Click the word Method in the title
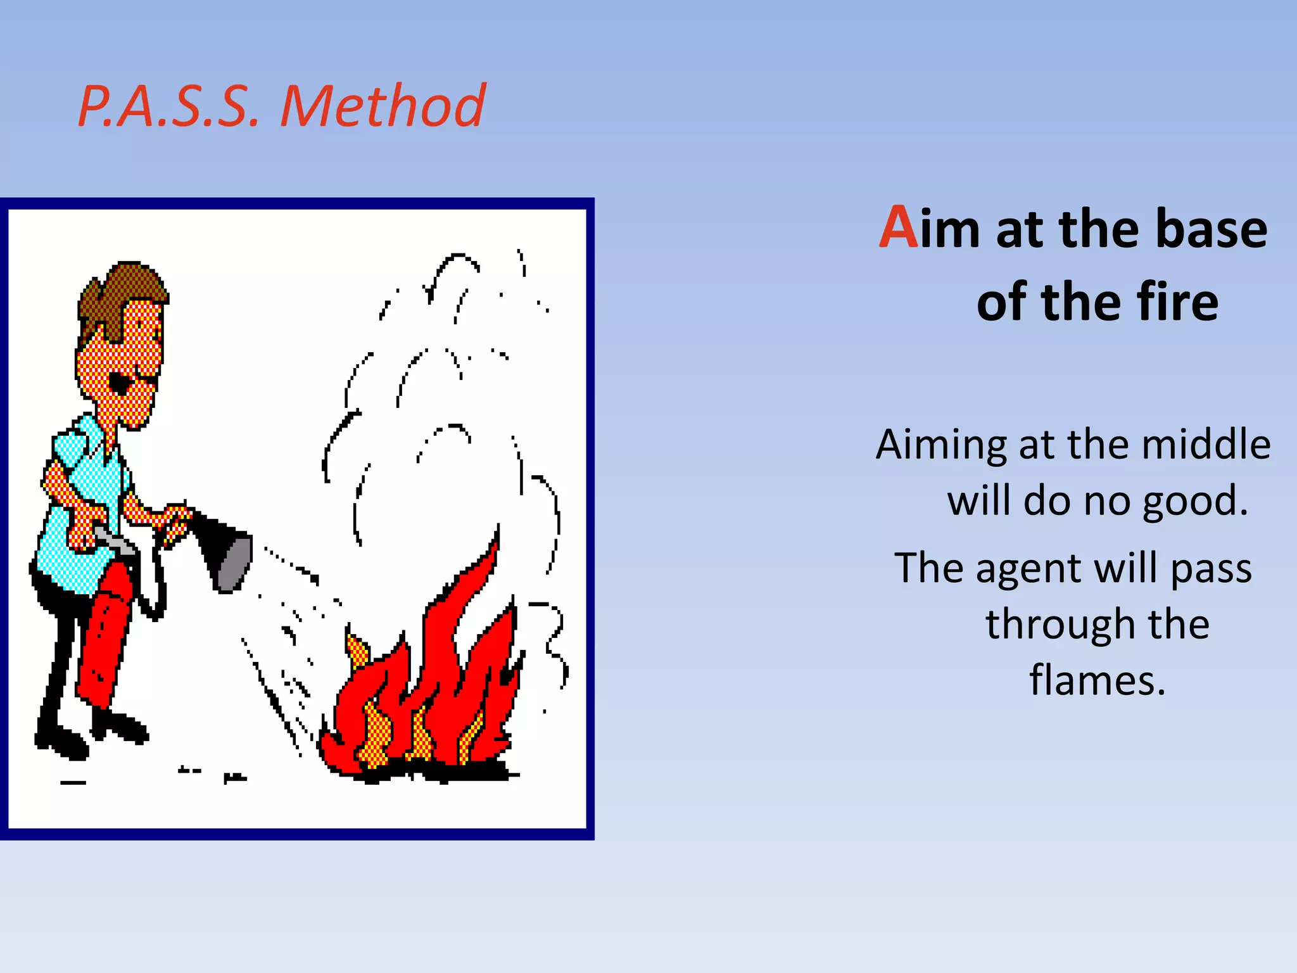tap(383, 106)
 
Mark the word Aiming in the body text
tap(941, 445)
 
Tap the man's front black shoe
tap(120, 727)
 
